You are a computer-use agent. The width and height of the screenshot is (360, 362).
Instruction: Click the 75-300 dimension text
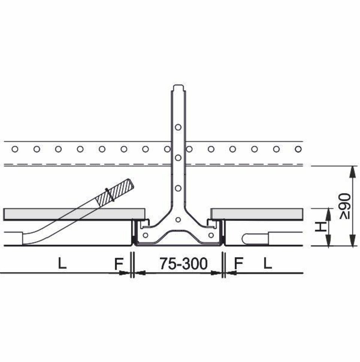184,264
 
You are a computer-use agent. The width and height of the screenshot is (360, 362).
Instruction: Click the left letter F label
119,264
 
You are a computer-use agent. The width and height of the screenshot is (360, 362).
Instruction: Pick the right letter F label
238,263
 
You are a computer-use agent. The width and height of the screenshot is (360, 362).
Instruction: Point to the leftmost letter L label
62,263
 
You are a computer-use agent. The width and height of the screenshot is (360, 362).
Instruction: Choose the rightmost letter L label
268,263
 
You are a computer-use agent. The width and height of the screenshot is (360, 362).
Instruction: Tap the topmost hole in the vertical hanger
178,127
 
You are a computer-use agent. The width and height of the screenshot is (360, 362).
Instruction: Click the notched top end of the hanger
179,88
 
